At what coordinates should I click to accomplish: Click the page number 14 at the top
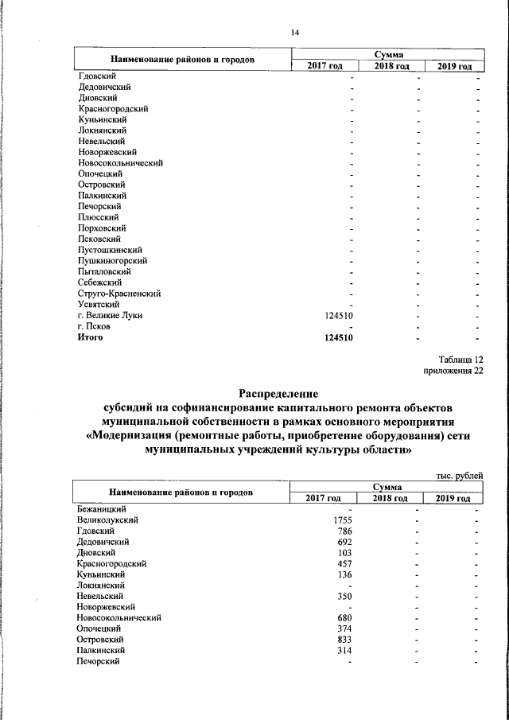pyautogui.click(x=294, y=32)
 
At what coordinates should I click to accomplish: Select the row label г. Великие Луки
pyautogui.click(x=111, y=316)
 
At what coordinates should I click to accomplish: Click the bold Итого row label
pyautogui.click(x=91, y=337)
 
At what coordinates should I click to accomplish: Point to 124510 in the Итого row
pyautogui.click(x=340, y=337)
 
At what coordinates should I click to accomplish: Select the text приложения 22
pyautogui.click(x=455, y=371)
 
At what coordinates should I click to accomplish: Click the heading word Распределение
pyautogui.click(x=278, y=393)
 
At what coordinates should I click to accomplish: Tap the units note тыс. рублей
pyautogui.click(x=460, y=475)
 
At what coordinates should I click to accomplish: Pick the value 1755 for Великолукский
pyautogui.click(x=343, y=520)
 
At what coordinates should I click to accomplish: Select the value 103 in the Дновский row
pyautogui.click(x=345, y=552)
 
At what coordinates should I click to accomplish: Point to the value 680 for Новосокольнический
pyautogui.click(x=345, y=617)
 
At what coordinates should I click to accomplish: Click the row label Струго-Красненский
pyautogui.click(x=120, y=294)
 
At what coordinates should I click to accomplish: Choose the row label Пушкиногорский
pyautogui.click(x=112, y=261)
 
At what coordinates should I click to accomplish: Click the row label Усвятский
pyautogui.click(x=99, y=304)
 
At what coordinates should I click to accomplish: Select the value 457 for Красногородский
pyautogui.click(x=345, y=563)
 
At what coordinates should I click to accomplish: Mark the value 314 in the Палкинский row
pyautogui.click(x=345, y=650)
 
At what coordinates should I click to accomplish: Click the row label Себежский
pyautogui.click(x=99, y=282)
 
